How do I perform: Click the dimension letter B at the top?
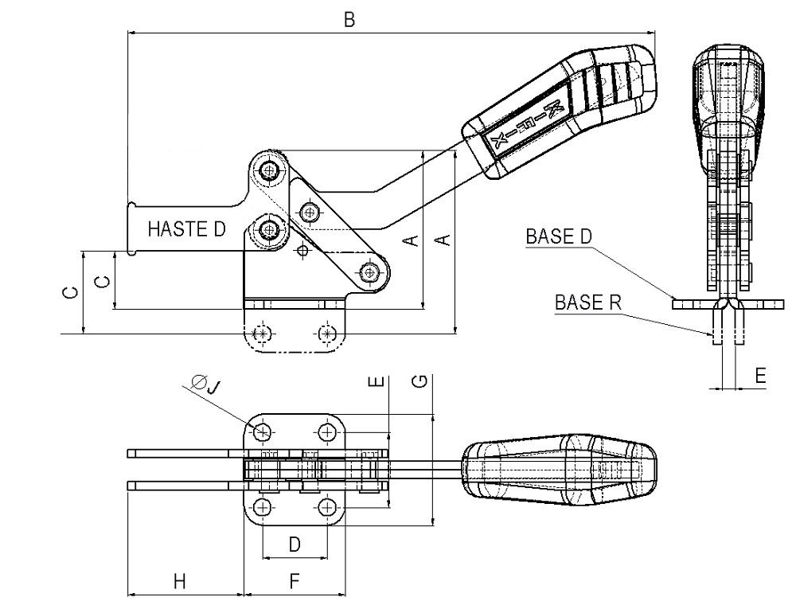click(x=349, y=20)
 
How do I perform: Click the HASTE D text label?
click(x=186, y=229)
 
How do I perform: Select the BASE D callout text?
click(x=559, y=237)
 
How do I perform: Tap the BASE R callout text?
click(x=588, y=303)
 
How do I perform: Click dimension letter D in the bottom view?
click(x=295, y=545)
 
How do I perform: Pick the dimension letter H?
click(x=180, y=581)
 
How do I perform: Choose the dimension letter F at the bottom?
click(x=295, y=581)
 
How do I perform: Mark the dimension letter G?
click(x=420, y=381)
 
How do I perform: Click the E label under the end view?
click(x=760, y=376)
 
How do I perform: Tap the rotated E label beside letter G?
click(x=378, y=381)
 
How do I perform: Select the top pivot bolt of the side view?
click(x=268, y=169)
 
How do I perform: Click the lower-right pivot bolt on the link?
click(x=370, y=273)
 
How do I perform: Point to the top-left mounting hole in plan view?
click(x=263, y=433)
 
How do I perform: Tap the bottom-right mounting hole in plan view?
click(x=327, y=506)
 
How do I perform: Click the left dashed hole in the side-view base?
click(x=262, y=334)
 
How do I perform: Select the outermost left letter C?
click(x=72, y=293)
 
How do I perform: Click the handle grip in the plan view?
click(x=559, y=469)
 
